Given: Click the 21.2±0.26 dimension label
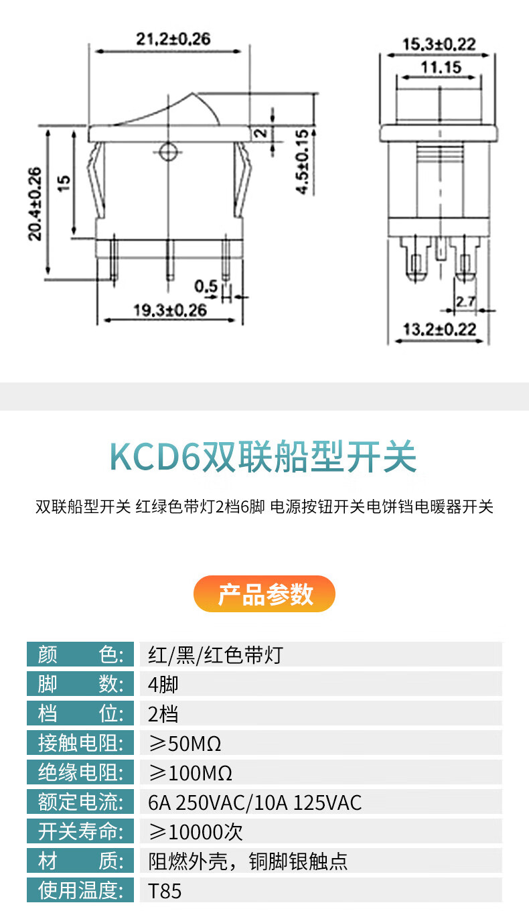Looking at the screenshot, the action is (173, 40).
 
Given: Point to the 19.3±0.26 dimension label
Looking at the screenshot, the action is (169, 310).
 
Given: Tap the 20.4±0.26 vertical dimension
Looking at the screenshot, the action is (35, 202).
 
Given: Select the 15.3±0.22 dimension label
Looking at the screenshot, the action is (439, 45).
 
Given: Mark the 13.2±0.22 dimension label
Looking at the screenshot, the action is (439, 329).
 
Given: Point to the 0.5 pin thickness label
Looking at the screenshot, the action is (206, 287).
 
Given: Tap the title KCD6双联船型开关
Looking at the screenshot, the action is (264, 458).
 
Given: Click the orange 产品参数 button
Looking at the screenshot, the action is (264, 594).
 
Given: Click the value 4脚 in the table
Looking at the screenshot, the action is (163, 684).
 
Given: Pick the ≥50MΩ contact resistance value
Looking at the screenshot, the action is (184, 744).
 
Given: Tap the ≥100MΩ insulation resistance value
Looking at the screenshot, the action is (190, 773).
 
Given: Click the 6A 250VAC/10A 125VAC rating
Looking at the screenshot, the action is (254, 802).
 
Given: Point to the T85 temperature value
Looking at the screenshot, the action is (165, 892).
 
